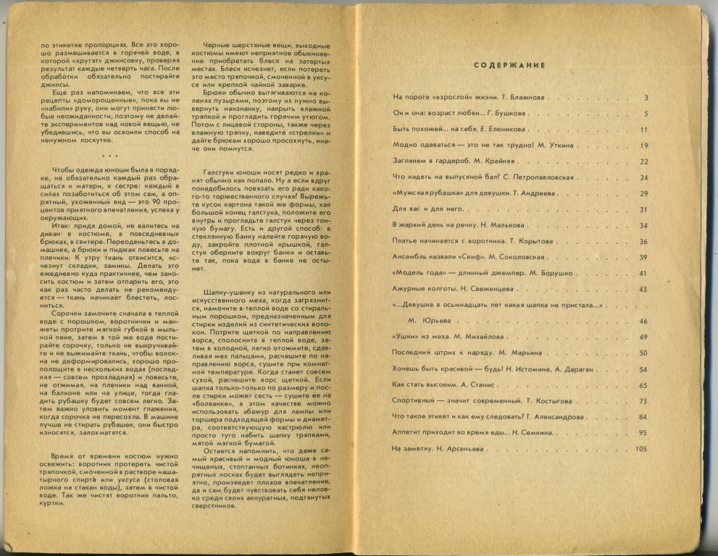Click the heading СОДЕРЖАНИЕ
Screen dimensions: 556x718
pos(509,66)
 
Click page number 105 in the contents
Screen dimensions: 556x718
pos(640,449)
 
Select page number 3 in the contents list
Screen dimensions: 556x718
pos(645,98)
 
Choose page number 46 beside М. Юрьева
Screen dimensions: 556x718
pos(643,321)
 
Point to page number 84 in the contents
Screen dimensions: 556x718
pos(643,417)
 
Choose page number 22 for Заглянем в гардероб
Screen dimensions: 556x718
pos(643,161)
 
